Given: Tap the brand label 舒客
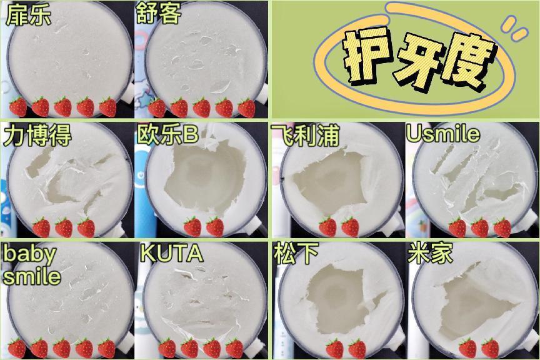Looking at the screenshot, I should pyautogui.click(x=158, y=14).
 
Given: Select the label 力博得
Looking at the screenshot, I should pyautogui.click(x=37, y=134).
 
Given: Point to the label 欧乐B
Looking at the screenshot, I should pyautogui.click(x=167, y=134).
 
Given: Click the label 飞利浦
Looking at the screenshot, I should pyautogui.click(x=304, y=134).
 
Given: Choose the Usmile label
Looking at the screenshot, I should pyautogui.click(x=442, y=133).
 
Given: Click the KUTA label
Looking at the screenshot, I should pyautogui.click(x=171, y=254).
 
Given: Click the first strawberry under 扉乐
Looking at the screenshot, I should pyautogui.click(x=18, y=107).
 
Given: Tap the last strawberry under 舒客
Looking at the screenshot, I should pyautogui.click(x=247, y=107).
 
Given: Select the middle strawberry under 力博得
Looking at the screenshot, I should pyautogui.click(x=64, y=227).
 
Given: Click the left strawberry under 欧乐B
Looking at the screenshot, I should pyautogui.click(x=192, y=226).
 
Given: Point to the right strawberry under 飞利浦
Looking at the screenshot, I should pyautogui.click(x=350, y=226).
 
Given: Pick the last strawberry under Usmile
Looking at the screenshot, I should pyautogui.click(x=502, y=227).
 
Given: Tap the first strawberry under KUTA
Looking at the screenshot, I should pyautogui.click(x=167, y=347).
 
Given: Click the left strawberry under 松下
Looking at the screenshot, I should pyautogui.click(x=334, y=347).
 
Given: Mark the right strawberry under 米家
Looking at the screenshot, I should pyautogui.click(x=490, y=347).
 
